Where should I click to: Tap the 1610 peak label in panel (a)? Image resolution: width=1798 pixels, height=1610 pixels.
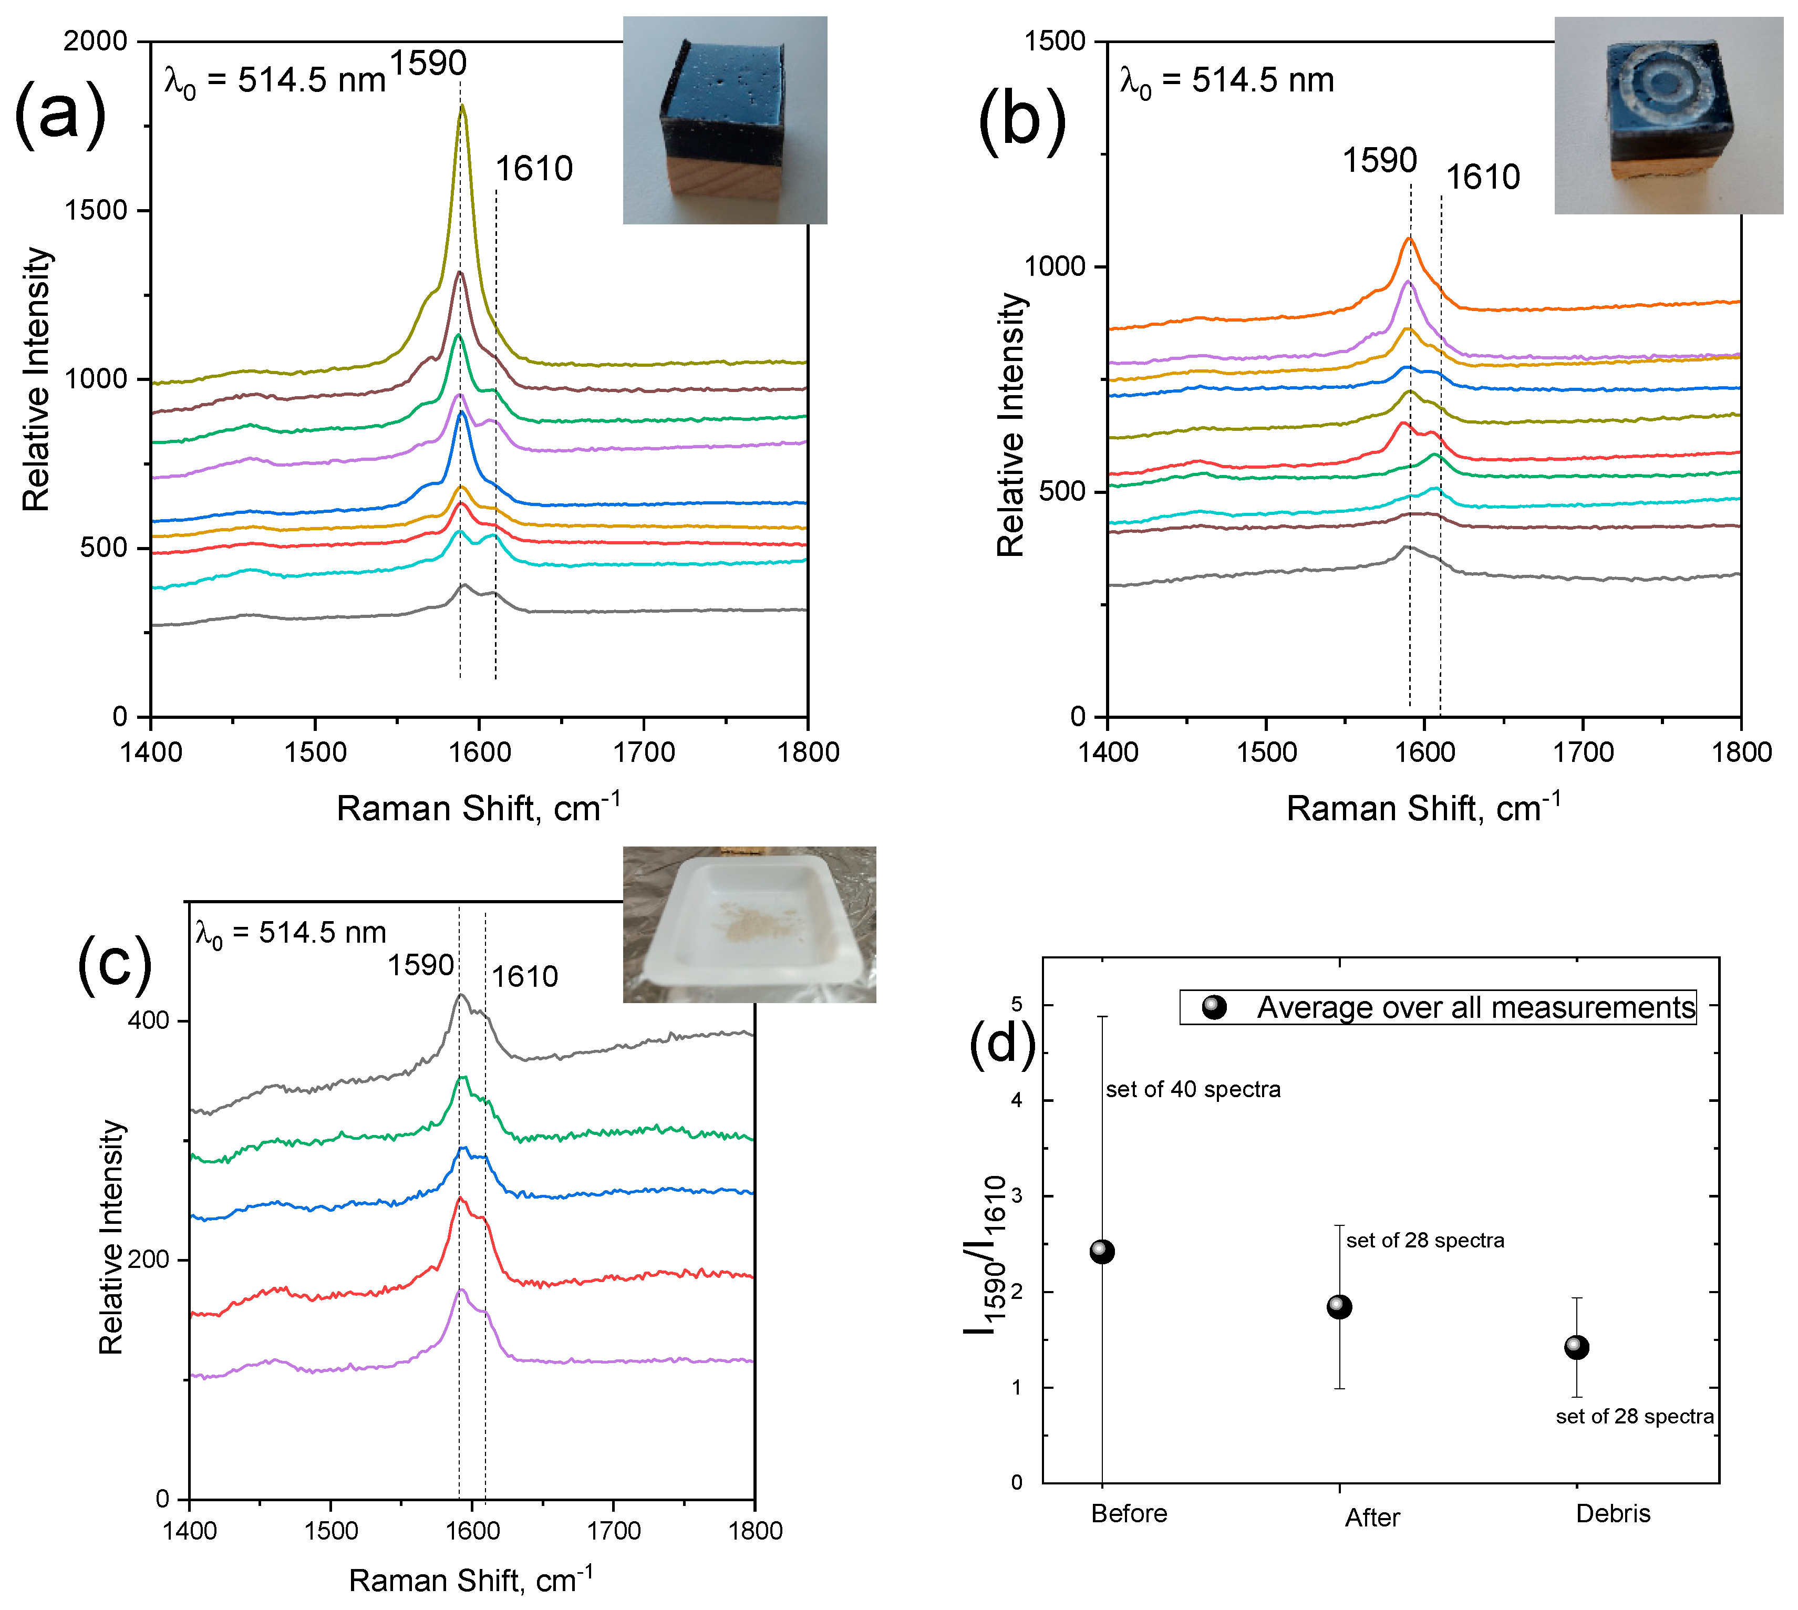533,169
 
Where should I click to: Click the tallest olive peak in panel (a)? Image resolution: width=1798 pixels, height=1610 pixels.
462,108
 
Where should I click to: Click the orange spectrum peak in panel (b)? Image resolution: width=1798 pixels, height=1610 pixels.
1410,239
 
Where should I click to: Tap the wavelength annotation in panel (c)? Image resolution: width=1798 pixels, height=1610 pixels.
290,933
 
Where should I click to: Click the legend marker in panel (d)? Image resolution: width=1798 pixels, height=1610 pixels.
1214,1007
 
